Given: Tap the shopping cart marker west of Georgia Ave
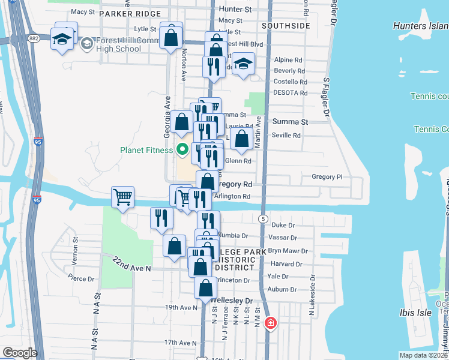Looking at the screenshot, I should (122, 196).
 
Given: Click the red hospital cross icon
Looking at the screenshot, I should (270, 323).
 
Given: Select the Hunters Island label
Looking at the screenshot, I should (420, 26).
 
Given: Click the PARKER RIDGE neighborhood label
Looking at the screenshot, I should (130, 13).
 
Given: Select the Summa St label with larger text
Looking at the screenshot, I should (290, 121).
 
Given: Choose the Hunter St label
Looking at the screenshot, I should (235, 10).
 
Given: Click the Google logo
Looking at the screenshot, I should (19, 353).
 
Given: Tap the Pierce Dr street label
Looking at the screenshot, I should (82, 278).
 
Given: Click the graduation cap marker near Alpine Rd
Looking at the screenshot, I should (243, 64).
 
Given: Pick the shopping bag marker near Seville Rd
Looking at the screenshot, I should (241, 139).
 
